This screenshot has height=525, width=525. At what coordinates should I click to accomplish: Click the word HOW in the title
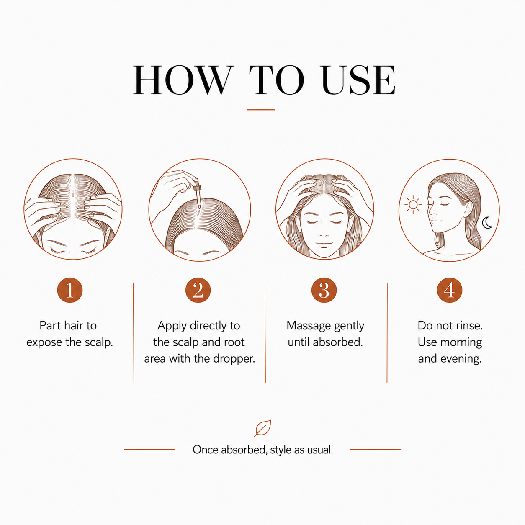coord(183,80)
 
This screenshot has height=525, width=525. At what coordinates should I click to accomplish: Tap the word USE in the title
coord(358,80)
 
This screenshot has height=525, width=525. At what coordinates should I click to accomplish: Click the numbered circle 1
coord(70,290)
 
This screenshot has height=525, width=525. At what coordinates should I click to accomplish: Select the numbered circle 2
coord(198,290)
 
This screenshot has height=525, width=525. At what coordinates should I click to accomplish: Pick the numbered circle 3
coord(324,290)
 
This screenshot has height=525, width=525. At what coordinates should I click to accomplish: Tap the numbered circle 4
coord(450,290)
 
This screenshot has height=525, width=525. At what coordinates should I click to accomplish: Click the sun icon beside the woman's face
coord(413,204)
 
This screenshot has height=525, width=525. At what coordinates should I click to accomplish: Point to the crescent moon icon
coord(487,223)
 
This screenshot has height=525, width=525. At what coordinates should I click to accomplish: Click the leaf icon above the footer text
coord(262,429)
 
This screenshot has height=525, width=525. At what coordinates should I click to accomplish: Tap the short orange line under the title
coord(261,110)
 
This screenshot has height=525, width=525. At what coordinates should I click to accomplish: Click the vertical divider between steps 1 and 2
coord(134,333)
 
